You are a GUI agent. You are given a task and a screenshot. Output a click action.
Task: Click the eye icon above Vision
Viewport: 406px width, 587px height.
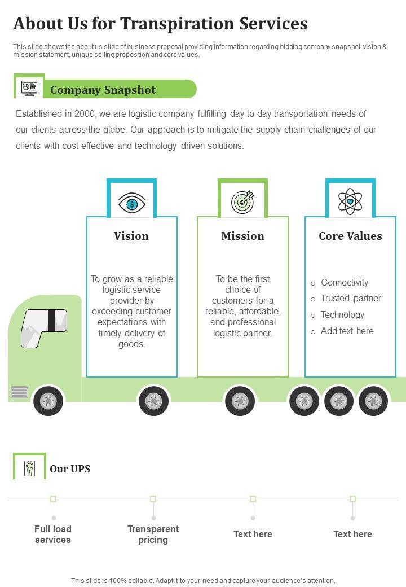[x=132, y=203]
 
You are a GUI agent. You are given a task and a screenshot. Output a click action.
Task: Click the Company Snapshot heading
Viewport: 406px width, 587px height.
[x=103, y=90]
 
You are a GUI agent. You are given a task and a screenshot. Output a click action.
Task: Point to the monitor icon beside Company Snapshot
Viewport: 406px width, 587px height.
[x=29, y=87]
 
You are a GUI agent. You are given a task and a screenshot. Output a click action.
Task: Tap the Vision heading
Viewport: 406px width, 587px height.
[x=131, y=236]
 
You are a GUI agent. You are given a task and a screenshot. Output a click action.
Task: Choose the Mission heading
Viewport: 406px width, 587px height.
[x=242, y=236]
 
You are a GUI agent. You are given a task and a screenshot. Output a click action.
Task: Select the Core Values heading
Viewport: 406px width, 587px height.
[x=350, y=236]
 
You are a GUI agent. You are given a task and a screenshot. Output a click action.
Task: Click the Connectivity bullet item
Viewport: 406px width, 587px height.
[x=344, y=282]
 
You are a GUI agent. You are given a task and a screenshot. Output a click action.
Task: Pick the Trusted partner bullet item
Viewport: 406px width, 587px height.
[x=351, y=298]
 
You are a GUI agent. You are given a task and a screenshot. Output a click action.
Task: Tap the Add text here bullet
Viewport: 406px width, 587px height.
[x=347, y=331]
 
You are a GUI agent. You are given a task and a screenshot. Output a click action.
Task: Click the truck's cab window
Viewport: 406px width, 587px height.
[x=44, y=327]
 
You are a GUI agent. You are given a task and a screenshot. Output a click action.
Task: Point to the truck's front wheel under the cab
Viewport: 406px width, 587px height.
[x=48, y=401]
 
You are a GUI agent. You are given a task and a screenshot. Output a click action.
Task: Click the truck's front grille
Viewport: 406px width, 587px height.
[x=19, y=392]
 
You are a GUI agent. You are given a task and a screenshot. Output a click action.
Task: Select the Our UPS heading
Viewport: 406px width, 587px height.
[x=70, y=468]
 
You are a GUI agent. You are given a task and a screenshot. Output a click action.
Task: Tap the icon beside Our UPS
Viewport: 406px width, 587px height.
[x=29, y=467]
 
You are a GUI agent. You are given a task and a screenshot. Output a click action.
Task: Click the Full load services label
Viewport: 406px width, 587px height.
[x=53, y=534]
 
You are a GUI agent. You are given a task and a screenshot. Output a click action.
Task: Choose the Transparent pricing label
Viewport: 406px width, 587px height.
[x=153, y=534]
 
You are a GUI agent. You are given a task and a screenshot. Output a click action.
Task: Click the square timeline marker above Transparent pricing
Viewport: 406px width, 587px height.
[x=153, y=499]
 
